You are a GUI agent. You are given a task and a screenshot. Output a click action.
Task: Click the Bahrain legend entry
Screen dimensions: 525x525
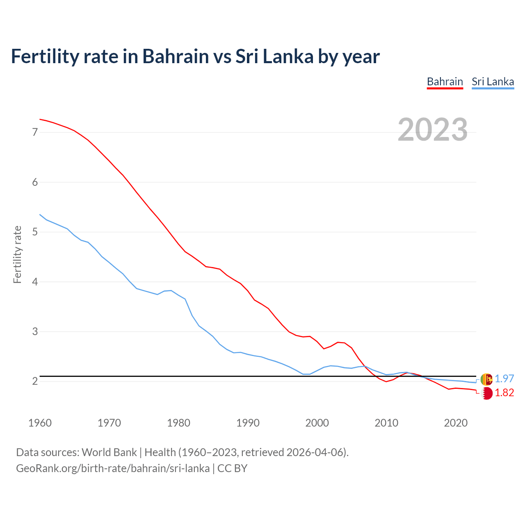coord(445,82)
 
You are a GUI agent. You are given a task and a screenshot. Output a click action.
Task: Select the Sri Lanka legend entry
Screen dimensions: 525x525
coord(493,82)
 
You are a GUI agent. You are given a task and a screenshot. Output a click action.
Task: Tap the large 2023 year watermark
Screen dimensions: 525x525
coord(432,130)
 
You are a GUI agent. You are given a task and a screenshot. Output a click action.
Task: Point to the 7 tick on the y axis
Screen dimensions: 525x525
coord(35,132)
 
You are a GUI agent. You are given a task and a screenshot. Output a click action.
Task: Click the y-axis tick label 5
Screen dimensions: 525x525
coord(35,232)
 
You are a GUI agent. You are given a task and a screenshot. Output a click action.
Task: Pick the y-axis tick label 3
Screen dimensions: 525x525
coord(35,331)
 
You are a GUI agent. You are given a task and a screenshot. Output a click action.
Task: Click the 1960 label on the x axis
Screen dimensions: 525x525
coord(40,423)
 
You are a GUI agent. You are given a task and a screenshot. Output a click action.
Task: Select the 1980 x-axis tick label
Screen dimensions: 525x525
coord(178,423)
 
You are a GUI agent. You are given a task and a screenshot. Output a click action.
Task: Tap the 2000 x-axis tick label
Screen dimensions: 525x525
coord(317,423)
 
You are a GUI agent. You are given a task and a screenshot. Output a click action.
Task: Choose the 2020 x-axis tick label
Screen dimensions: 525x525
coord(456,423)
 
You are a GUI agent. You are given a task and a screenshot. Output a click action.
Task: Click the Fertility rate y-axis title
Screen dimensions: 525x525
coord(17,254)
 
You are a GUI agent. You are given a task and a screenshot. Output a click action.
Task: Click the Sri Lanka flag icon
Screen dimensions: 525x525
coord(486,379)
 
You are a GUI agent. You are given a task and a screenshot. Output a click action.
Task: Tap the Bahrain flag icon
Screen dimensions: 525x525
coord(486,393)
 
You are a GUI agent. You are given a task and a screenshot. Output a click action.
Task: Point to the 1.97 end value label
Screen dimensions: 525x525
coord(504,379)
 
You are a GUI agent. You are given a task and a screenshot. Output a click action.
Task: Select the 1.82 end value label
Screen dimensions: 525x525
coord(504,393)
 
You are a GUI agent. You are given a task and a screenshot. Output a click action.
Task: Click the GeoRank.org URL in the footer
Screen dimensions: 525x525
coord(113,468)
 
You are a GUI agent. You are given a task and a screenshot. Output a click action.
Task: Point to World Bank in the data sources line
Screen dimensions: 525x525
coord(109,452)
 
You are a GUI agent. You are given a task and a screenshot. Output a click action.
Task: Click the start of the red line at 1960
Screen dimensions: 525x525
coord(40,119)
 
